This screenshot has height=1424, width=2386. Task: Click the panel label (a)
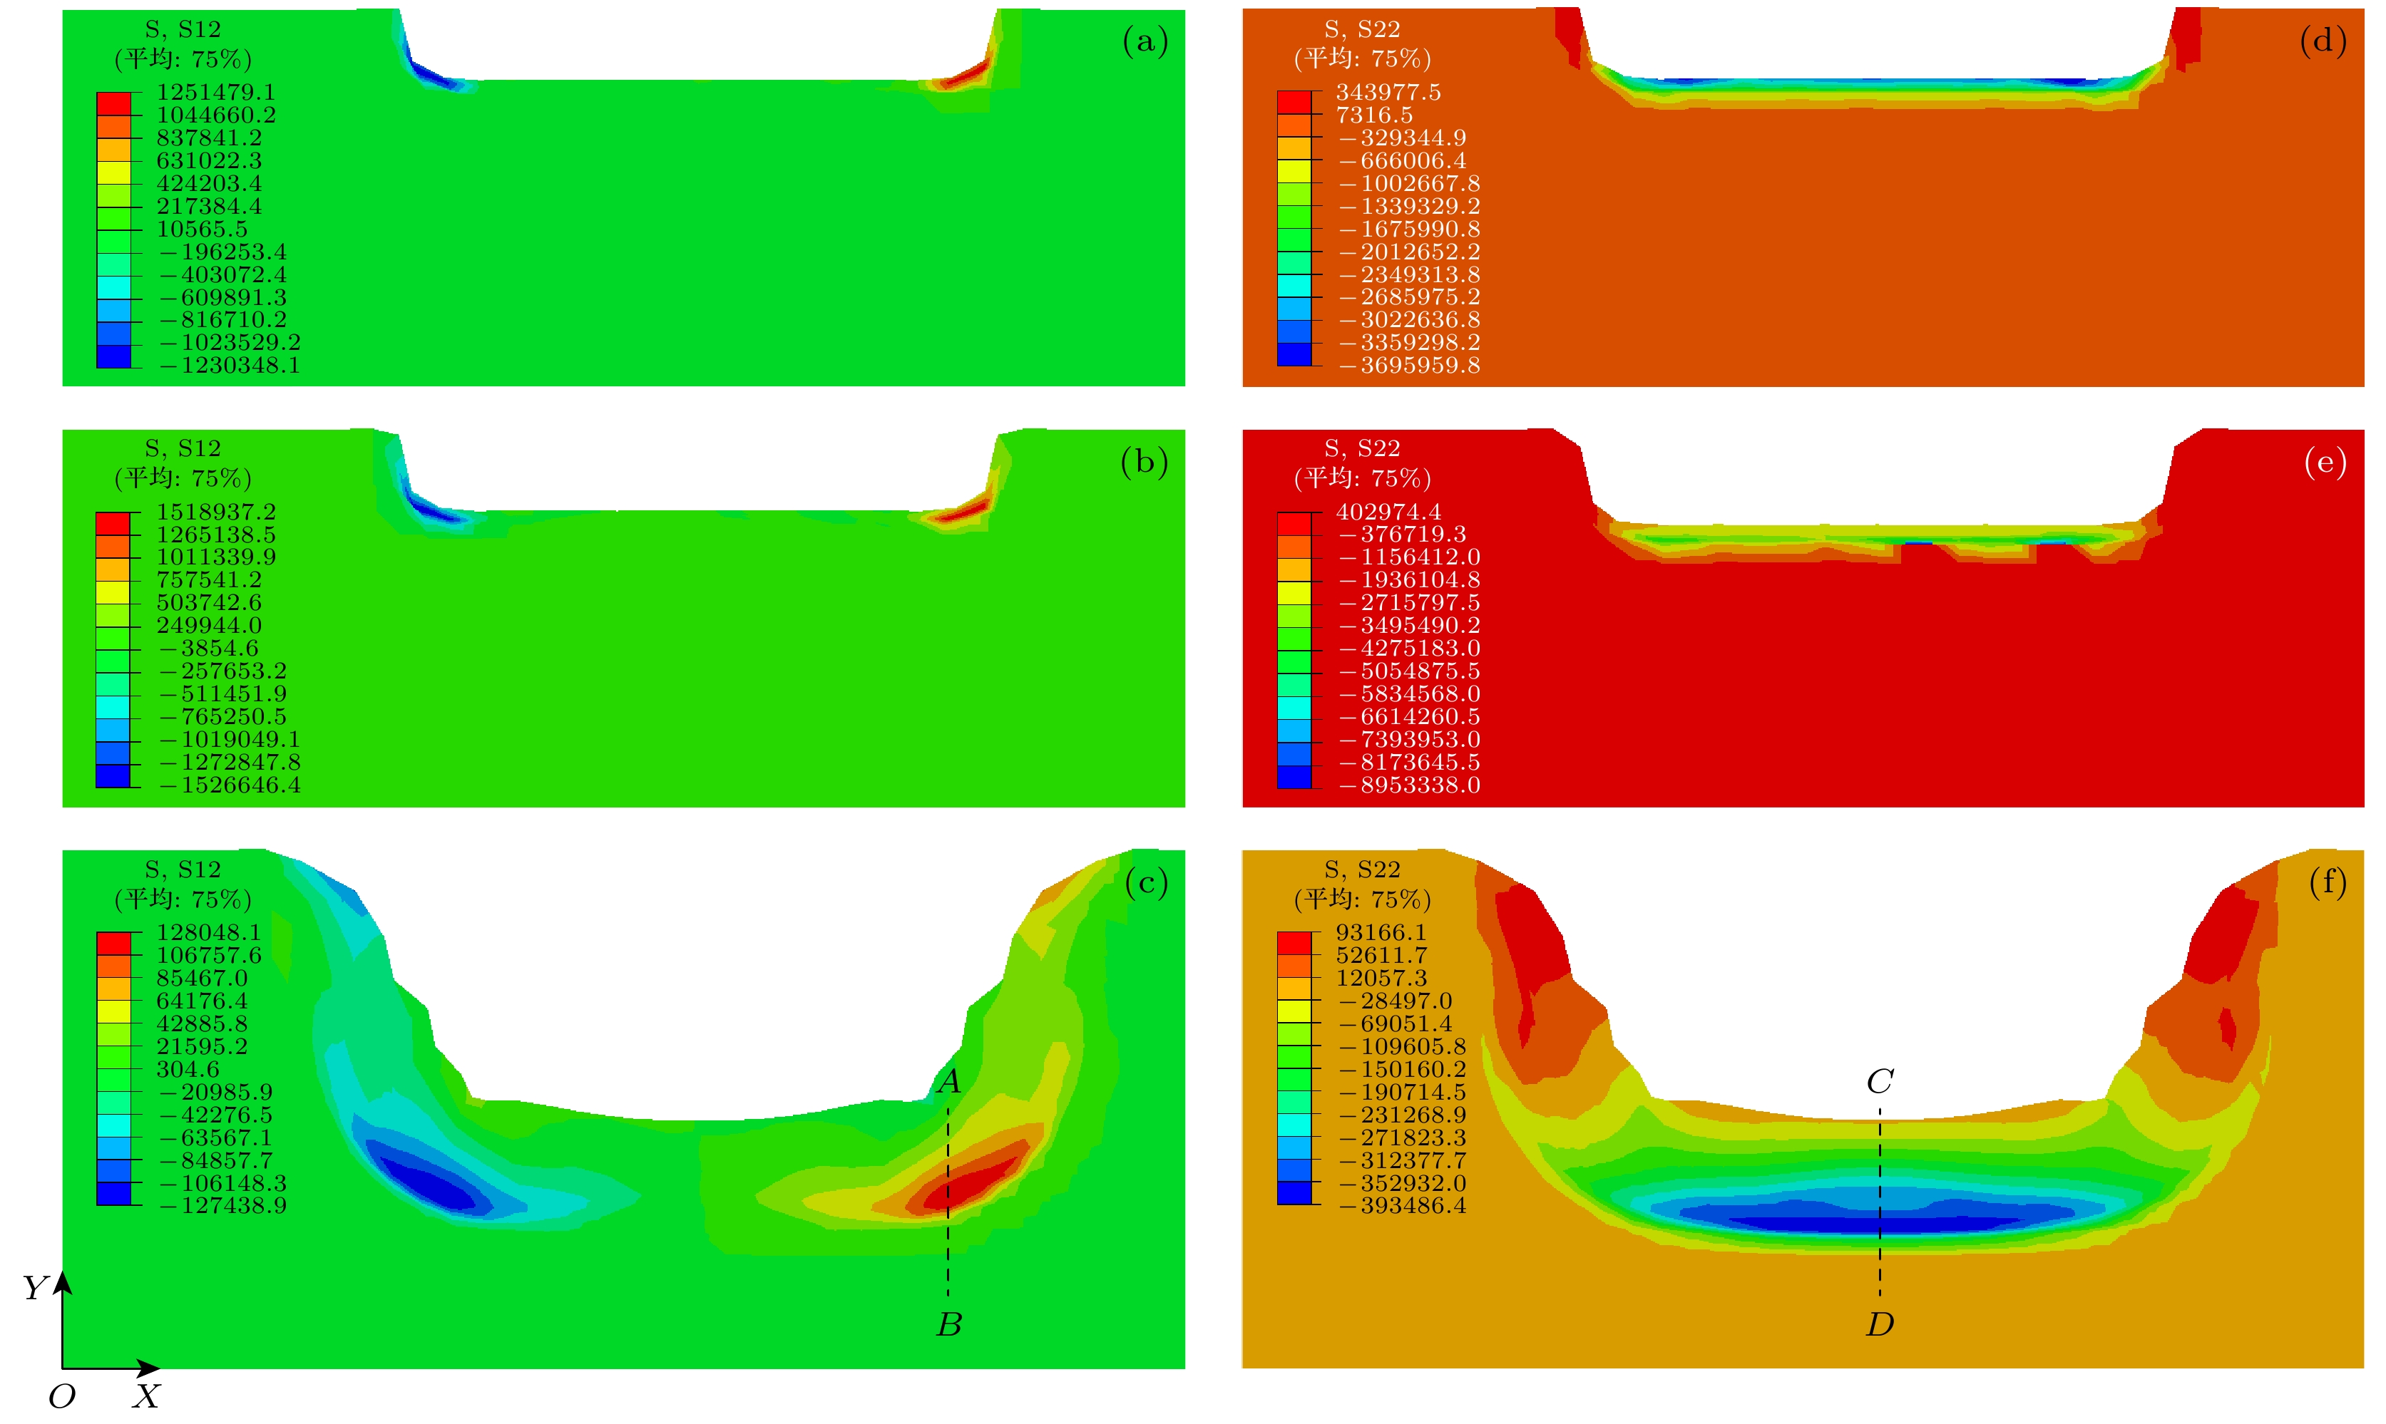(1145, 41)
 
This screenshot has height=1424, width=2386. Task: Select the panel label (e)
(2325, 463)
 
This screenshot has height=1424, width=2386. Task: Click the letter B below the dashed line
(949, 1324)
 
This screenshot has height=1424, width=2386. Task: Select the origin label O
(61, 1396)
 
